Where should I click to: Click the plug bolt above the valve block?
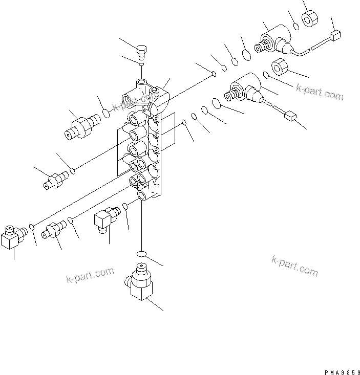142,51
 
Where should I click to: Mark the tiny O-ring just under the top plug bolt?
142,64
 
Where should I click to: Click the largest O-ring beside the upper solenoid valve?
246,54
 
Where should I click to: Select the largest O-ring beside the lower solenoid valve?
216,104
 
